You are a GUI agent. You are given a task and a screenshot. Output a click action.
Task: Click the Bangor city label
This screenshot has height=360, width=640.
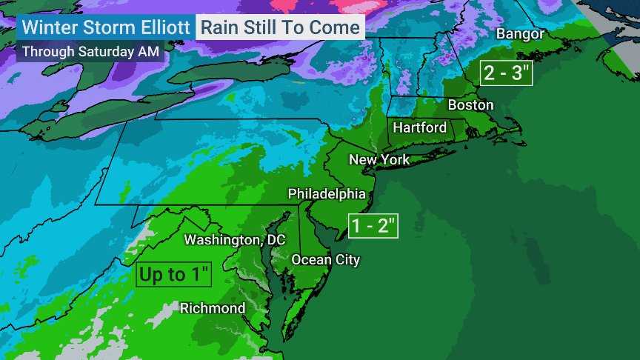pyautogui.click(x=520, y=34)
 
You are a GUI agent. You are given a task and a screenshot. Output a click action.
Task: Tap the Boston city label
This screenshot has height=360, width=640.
pyautogui.click(x=470, y=105)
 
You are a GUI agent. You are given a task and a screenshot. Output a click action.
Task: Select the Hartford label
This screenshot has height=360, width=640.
pyautogui.click(x=419, y=127)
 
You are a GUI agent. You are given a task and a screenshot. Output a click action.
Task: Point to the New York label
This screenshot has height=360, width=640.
pyautogui.click(x=379, y=159)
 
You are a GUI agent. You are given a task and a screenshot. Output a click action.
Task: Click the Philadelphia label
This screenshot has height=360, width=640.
pyautogui.click(x=327, y=194)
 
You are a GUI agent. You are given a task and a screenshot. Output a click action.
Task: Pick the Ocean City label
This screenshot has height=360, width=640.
pyautogui.click(x=325, y=259)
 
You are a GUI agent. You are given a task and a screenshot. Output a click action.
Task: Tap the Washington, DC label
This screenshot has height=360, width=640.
pyautogui.click(x=224, y=240)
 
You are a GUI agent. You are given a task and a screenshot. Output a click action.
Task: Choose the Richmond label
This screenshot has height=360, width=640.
pyautogui.click(x=213, y=308)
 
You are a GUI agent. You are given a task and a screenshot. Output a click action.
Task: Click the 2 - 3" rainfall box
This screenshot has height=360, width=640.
pyautogui.click(x=506, y=73)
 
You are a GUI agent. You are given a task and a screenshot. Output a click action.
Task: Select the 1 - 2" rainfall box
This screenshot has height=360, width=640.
pyautogui.click(x=373, y=226)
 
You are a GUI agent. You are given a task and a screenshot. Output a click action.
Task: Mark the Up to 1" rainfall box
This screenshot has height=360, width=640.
pyautogui.click(x=175, y=275)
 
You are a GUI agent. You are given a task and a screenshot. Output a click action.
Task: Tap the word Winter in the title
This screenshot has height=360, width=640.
pyautogui.click(x=49, y=29)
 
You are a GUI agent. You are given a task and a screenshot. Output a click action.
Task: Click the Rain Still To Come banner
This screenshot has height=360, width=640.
pyautogui.click(x=279, y=29)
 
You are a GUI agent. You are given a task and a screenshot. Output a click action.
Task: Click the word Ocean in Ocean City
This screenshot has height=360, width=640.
pyautogui.click(x=310, y=259)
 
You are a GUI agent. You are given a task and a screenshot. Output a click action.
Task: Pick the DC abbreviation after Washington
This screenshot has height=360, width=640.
pyautogui.click(x=256, y=240)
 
